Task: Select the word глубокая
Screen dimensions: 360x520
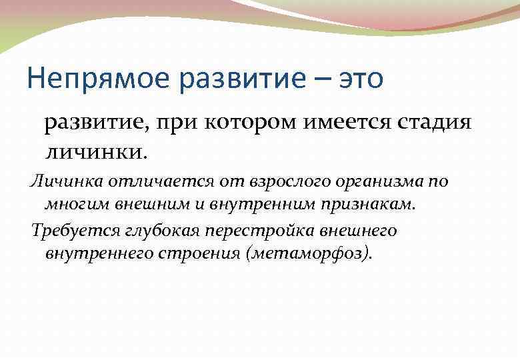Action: [x=151, y=231]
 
